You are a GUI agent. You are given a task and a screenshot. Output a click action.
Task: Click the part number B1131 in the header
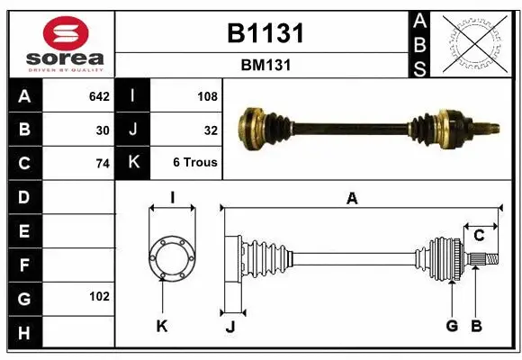pyautogui.click(x=265, y=33)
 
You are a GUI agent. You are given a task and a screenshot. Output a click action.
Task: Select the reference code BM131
pyautogui.click(x=265, y=65)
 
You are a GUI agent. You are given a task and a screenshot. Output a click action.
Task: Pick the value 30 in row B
pyautogui.click(x=103, y=129)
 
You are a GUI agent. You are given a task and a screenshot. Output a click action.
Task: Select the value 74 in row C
pyautogui.click(x=103, y=163)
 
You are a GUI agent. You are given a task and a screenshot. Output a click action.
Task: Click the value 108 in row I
pyautogui.click(x=207, y=94)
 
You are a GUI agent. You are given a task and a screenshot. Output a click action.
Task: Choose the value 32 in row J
pyautogui.click(x=211, y=129)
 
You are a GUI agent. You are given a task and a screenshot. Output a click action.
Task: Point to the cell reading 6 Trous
pyautogui.click(x=194, y=163)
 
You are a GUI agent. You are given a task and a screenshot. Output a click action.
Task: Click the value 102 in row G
pyautogui.click(x=99, y=296)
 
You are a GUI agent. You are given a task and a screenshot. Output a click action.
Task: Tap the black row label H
pyautogui.click(x=23, y=334)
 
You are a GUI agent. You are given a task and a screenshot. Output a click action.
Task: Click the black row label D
pyautogui.click(x=23, y=195)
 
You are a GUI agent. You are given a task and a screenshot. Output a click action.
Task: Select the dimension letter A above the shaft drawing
pyautogui.click(x=352, y=199)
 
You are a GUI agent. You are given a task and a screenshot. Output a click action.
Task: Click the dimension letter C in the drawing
pyautogui.click(x=480, y=236)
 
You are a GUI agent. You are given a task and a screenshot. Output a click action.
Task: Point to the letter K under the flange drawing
pyautogui.click(x=162, y=326)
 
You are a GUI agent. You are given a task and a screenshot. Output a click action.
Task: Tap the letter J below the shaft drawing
pyautogui.click(x=229, y=326)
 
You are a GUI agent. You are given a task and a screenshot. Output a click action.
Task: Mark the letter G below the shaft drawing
pyautogui.click(x=452, y=326)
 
